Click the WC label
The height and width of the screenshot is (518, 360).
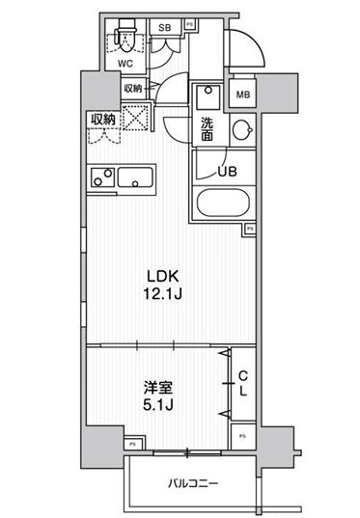coord(125,63)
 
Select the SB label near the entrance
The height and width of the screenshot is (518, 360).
coord(165,28)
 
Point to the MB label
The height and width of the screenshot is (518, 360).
coord(243,95)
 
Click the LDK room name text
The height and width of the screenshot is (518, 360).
coord(161,271)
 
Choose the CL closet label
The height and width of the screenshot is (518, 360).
coord(242,386)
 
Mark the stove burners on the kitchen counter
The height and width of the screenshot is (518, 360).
coord(101,179)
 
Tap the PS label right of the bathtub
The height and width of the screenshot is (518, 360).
coord(250,229)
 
